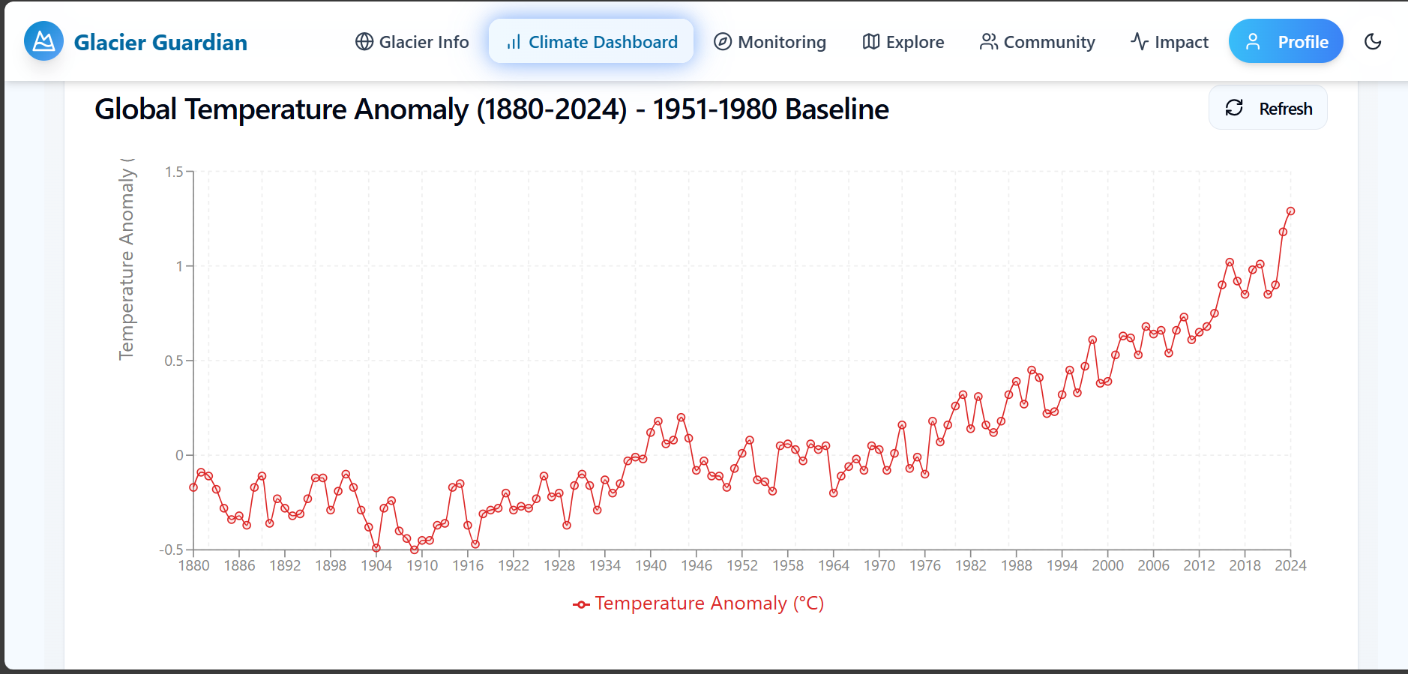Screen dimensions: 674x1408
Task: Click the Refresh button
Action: click(1268, 108)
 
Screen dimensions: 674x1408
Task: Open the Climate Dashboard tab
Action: click(591, 42)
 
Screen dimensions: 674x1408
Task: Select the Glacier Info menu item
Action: click(412, 42)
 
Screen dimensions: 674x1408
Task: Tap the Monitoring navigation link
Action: click(769, 42)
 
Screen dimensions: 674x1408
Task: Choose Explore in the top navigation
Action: click(903, 42)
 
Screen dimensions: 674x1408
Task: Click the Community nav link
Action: click(1037, 42)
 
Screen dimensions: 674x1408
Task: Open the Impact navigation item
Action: click(1169, 42)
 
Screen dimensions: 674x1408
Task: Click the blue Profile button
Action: click(1285, 42)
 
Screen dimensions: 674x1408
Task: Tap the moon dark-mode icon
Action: click(1373, 42)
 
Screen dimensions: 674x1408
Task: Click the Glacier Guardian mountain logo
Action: click(43, 41)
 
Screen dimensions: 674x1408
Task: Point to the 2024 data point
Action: click(1290, 211)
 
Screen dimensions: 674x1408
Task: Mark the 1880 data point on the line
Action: click(193, 487)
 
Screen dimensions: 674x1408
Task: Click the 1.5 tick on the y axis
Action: click(174, 172)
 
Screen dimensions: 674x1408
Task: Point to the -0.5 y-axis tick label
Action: click(172, 550)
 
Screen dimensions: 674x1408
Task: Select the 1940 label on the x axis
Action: click(651, 565)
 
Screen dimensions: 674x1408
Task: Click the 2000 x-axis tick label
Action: click(1107, 565)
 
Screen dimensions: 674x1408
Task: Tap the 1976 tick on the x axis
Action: click(924, 565)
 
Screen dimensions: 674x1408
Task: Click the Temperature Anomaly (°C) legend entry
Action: click(699, 604)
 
